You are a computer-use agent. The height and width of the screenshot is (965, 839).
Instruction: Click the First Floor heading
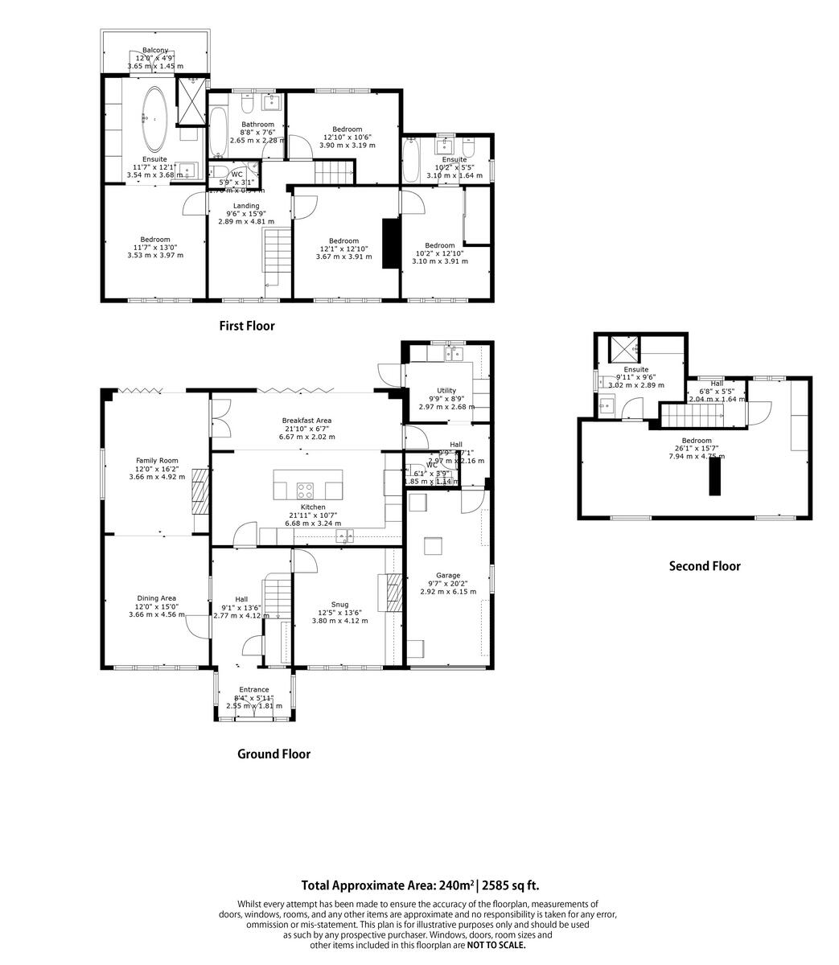click(x=247, y=326)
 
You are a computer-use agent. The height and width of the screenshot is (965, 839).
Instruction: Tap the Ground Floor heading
click(x=273, y=754)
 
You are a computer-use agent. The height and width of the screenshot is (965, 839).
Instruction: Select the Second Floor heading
click(x=705, y=565)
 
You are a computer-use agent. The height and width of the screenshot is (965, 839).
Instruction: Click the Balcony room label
click(x=155, y=51)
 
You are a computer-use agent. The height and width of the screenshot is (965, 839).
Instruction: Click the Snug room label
click(x=339, y=605)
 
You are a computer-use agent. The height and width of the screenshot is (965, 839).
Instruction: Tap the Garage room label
click(x=448, y=576)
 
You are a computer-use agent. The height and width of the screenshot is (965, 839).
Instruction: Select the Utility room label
click(x=446, y=390)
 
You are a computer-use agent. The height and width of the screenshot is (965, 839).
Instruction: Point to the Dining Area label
click(x=156, y=598)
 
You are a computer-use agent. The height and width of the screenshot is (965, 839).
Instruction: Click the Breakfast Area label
click(x=306, y=421)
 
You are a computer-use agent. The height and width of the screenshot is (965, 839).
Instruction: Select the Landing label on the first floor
click(x=246, y=206)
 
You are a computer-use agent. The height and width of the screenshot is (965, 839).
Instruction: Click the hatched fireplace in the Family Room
click(x=199, y=493)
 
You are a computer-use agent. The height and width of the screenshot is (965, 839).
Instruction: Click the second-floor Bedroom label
click(x=697, y=441)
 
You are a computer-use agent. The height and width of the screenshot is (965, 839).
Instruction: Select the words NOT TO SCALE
click(x=496, y=945)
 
